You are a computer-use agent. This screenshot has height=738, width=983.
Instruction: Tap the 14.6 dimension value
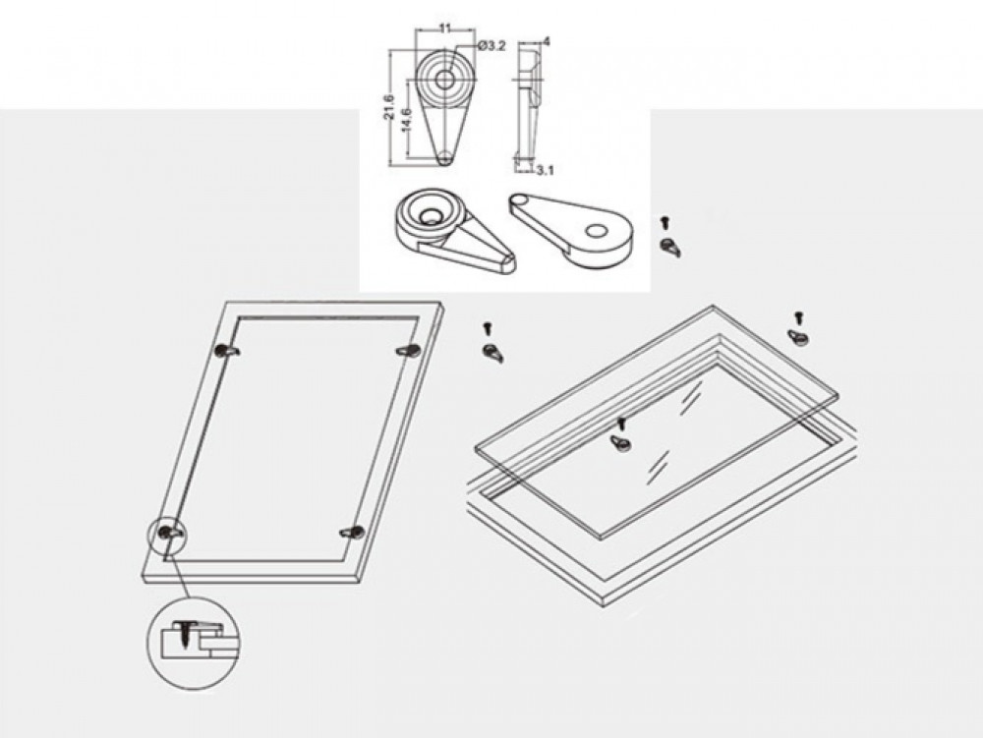click(x=406, y=119)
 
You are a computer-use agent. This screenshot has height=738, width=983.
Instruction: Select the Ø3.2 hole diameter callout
click(x=491, y=45)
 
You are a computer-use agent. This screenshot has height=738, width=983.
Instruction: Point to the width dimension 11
click(x=445, y=28)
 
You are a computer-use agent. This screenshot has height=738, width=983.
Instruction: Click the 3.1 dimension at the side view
click(x=546, y=170)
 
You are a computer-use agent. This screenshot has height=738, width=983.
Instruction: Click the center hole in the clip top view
click(x=444, y=80)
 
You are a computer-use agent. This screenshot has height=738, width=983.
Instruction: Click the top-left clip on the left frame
click(x=226, y=352)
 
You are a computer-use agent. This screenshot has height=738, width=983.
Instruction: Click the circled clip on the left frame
click(x=170, y=533)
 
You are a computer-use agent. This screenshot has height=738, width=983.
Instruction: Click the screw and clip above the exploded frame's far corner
click(x=798, y=328)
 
